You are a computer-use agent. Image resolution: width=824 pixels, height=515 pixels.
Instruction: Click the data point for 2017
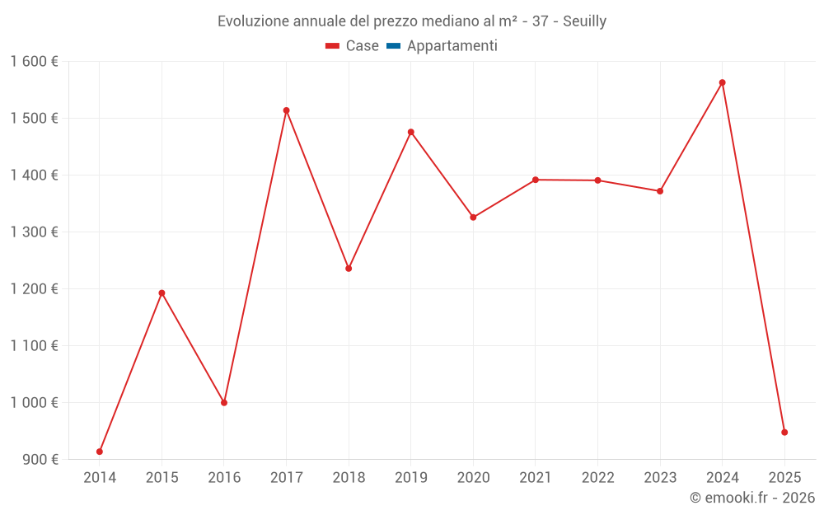[286, 110]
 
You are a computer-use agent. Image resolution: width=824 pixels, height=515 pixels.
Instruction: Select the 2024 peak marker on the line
[722, 82]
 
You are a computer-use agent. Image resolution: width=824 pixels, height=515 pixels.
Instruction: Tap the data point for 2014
[100, 452]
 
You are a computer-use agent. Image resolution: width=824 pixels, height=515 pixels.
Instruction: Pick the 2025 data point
[784, 432]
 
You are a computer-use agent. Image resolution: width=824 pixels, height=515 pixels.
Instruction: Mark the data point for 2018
[349, 269]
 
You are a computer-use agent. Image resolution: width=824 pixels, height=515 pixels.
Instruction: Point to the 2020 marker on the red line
[473, 218]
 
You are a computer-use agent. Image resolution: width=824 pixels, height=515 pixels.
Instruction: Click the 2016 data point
[224, 403]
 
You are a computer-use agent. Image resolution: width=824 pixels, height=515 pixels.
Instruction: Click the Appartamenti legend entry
[452, 46]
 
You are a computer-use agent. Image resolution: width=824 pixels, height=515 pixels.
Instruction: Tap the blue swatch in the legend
[393, 46]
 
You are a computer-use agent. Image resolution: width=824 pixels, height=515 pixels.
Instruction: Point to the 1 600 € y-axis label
[35, 62]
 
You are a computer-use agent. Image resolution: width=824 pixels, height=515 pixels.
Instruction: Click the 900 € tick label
[40, 460]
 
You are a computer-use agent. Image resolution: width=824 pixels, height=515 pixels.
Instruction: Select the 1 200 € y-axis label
[35, 289]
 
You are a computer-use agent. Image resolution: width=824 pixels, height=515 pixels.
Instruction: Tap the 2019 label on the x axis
[410, 478]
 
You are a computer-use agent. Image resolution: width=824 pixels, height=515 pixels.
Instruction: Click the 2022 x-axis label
[597, 478]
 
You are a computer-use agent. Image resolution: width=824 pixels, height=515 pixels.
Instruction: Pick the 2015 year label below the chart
[162, 478]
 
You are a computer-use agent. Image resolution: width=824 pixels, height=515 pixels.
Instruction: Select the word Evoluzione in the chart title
[253, 21]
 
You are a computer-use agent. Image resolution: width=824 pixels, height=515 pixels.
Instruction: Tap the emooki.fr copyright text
[752, 498]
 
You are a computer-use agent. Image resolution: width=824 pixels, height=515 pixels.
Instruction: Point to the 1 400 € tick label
[35, 176]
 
